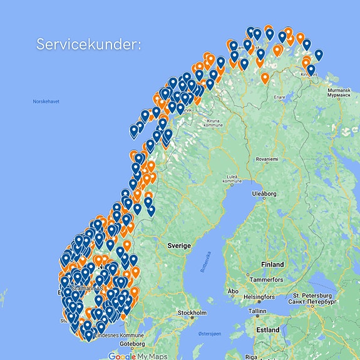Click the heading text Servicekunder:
pos(89,45)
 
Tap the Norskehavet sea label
pos(46,101)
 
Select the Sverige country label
pos(178,246)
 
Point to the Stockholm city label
pos(192,312)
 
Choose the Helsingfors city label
pos(259,296)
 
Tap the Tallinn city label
pos(257,310)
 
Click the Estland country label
pos(267,329)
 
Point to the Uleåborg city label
pos(264,194)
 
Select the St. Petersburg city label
pos(313,297)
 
